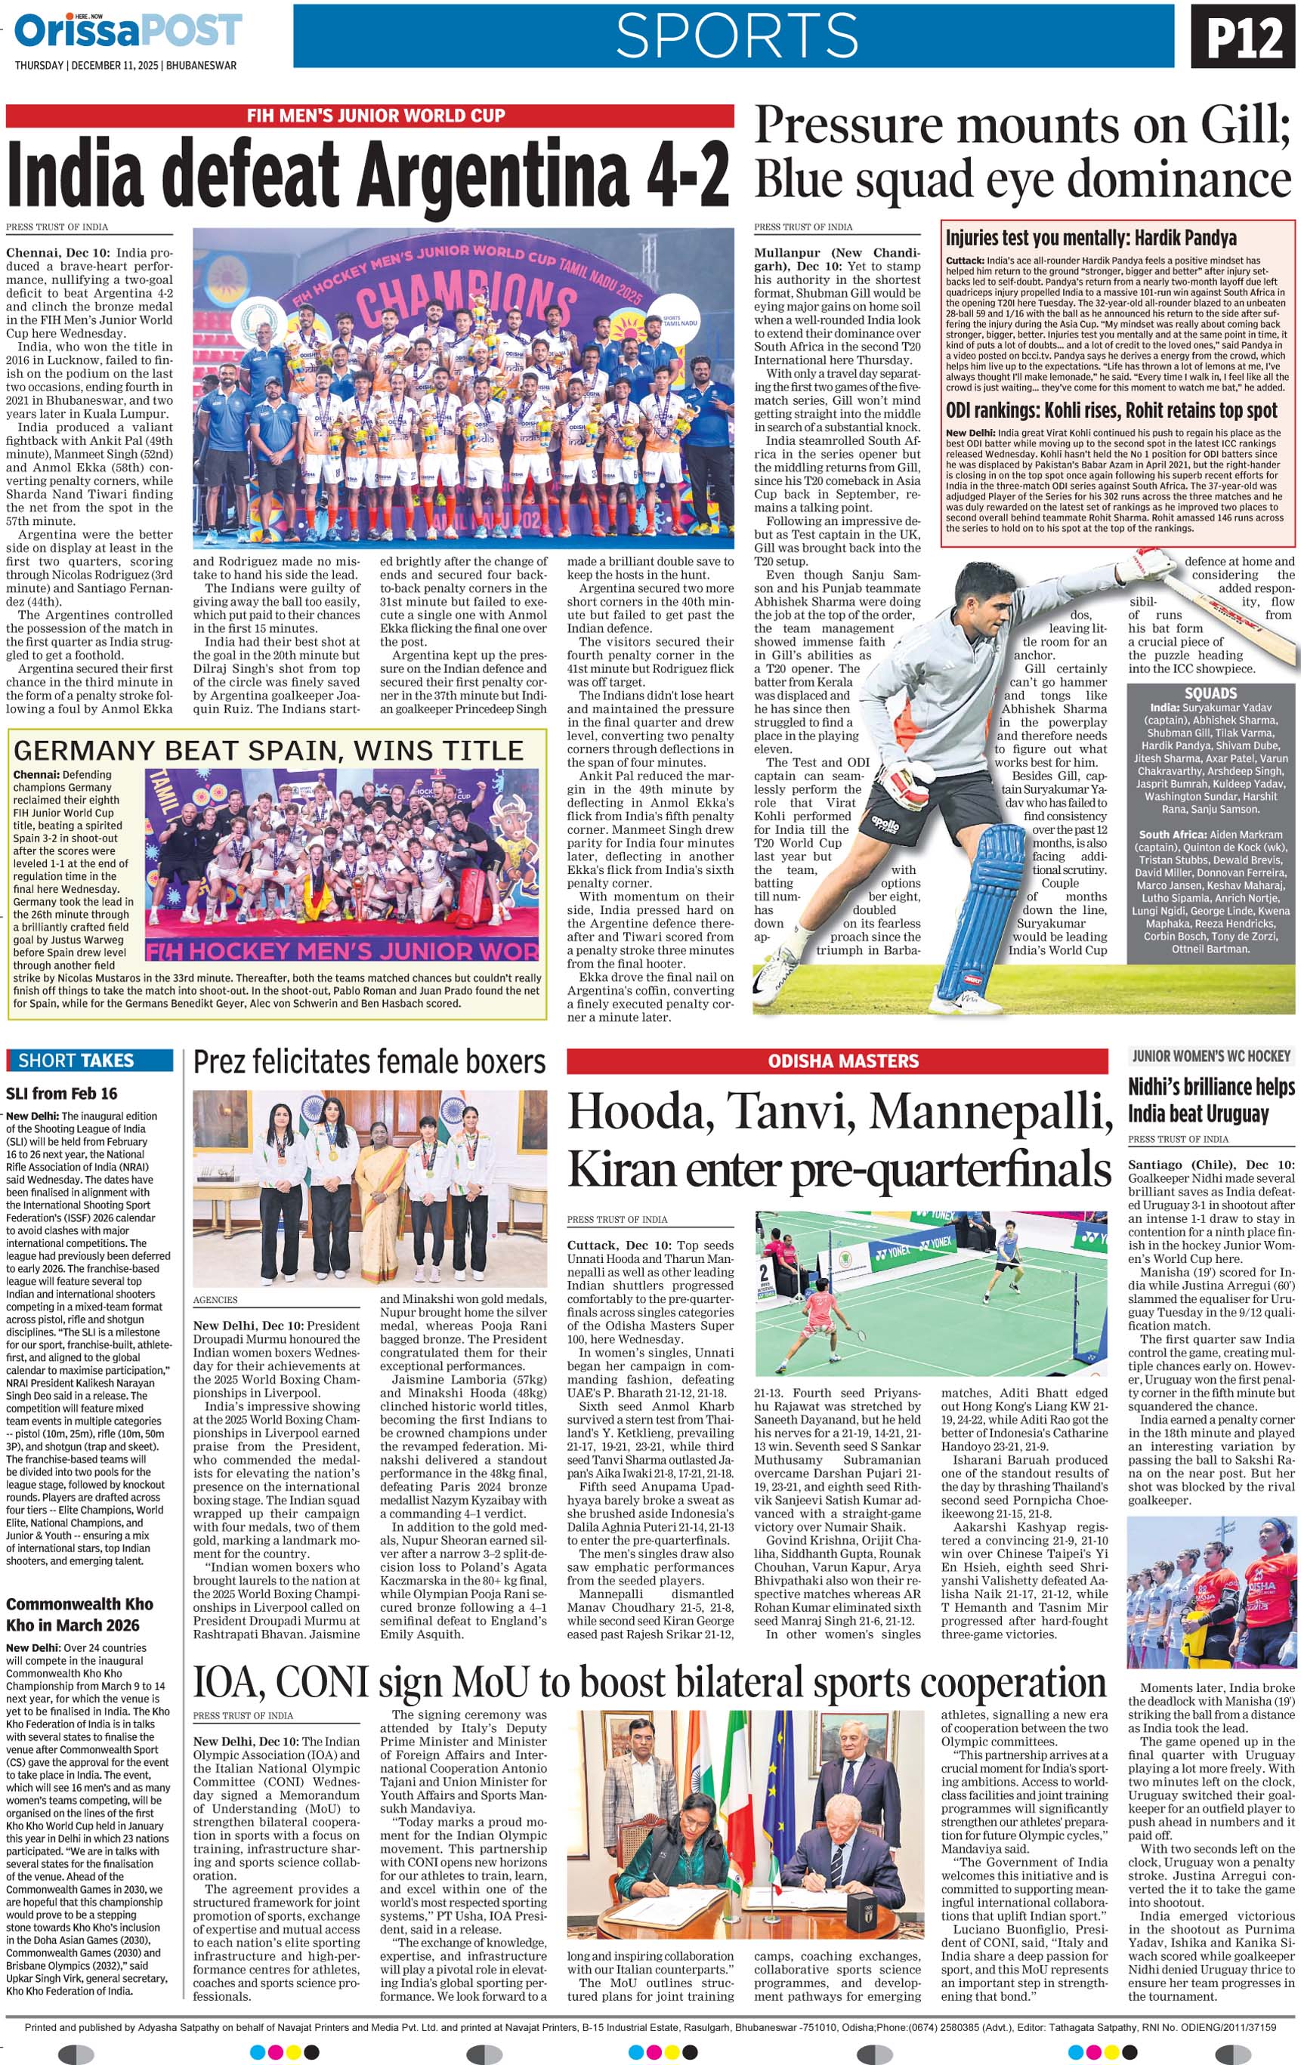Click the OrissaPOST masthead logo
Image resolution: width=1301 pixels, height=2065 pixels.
point(128,32)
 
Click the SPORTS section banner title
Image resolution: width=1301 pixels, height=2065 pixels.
point(736,36)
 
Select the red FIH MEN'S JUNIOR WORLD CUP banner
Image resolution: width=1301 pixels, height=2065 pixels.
point(370,116)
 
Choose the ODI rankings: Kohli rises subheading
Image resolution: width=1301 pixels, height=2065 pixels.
point(1111,410)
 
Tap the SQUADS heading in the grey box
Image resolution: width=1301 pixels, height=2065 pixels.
point(1210,693)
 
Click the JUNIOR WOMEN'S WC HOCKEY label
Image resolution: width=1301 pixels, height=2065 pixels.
point(1210,1057)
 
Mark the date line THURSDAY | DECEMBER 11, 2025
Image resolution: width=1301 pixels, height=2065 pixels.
point(125,66)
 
